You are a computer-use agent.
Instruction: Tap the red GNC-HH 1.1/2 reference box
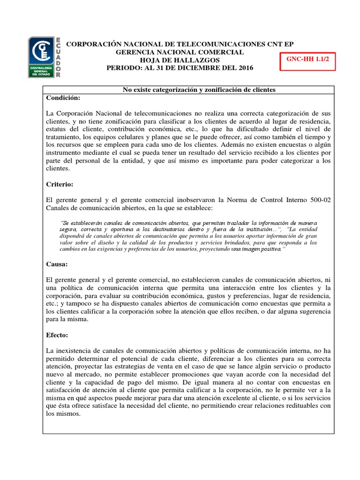pos(307,60)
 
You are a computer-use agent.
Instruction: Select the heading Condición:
pos(64,98)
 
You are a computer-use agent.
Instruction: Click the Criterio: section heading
pos(60,185)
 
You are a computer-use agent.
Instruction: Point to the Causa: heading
pos(58,264)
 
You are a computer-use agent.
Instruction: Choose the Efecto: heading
pos(58,336)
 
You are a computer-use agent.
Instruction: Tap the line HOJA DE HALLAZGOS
pos(180,60)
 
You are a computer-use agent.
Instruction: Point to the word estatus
pos(58,129)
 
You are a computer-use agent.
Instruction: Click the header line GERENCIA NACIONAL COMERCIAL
pos(180,52)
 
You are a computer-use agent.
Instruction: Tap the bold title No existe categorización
pos(199,90)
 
